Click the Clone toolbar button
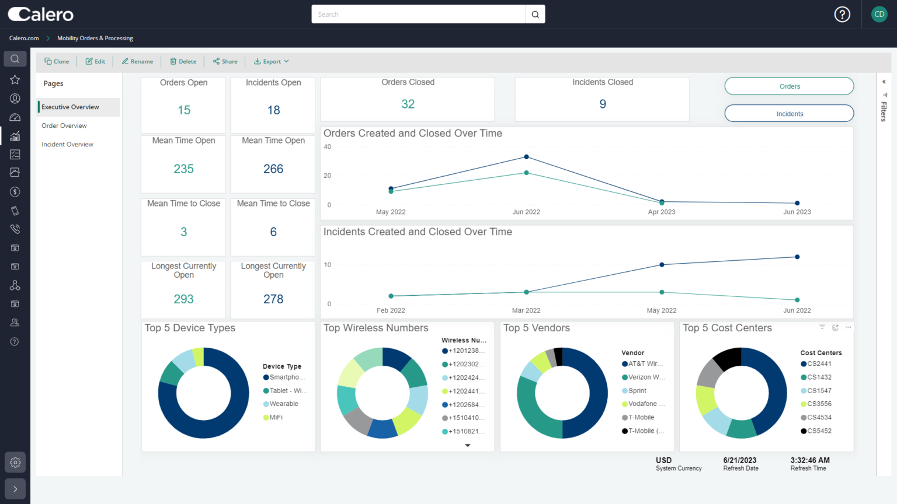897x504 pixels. pyautogui.click(x=57, y=61)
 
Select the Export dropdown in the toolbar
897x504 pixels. pyautogui.click(x=272, y=61)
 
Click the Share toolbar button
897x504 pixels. pyautogui.click(x=225, y=61)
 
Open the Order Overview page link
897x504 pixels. pyautogui.click(x=64, y=125)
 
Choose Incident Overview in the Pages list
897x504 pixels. pyautogui.click(x=67, y=144)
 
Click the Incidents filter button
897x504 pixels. pyautogui.click(x=789, y=114)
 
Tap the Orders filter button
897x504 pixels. pyautogui.click(x=789, y=86)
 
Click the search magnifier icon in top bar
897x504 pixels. pyautogui.click(x=535, y=15)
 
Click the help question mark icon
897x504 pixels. pyautogui.click(x=842, y=15)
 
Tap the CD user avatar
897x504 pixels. pyautogui.click(x=879, y=15)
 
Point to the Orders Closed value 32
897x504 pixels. pyautogui.click(x=408, y=104)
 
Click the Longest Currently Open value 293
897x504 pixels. pyautogui.click(x=183, y=299)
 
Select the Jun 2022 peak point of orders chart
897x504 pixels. pyautogui.click(x=526, y=157)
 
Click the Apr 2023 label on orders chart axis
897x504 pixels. pyautogui.click(x=661, y=212)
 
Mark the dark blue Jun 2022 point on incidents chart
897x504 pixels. pyautogui.click(x=797, y=257)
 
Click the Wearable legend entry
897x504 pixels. pyautogui.click(x=283, y=404)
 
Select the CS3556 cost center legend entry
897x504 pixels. pyautogui.click(x=819, y=404)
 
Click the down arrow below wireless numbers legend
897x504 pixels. pyautogui.click(x=467, y=445)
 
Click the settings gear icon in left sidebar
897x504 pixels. pyautogui.click(x=15, y=462)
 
